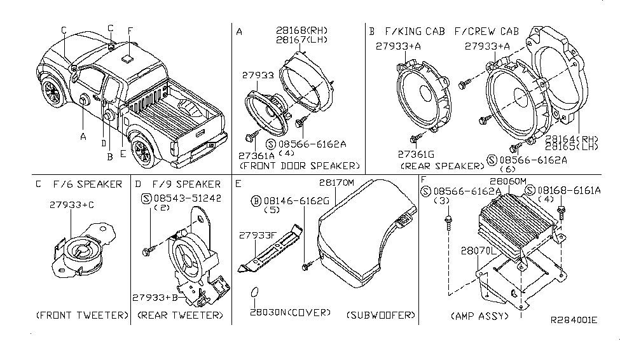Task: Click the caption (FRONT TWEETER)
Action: (82, 315)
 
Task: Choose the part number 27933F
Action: (259, 235)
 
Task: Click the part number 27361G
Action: (416, 153)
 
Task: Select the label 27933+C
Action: (72, 205)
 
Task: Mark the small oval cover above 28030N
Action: (256, 294)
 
